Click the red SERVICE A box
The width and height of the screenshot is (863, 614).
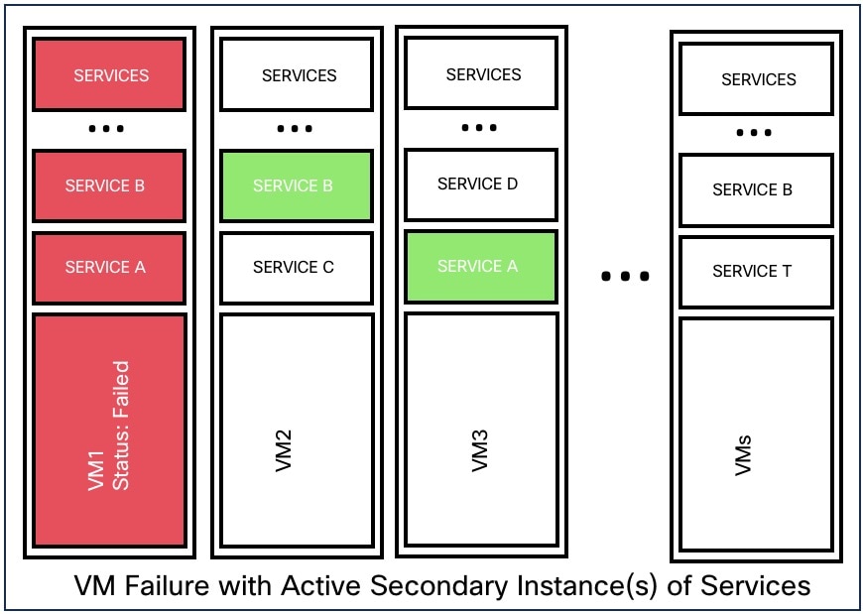109,268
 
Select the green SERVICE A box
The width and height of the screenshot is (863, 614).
481,266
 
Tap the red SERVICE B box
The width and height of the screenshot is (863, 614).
109,185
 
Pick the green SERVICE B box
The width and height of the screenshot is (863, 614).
297,185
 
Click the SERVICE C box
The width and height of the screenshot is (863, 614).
297,268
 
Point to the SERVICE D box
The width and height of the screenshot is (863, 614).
481,184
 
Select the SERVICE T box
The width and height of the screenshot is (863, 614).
756,272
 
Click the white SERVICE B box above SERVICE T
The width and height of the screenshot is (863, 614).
756,190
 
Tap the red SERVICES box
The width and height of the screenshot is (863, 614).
109,74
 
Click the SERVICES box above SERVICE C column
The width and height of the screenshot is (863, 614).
297,74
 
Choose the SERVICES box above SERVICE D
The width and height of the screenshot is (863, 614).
481,73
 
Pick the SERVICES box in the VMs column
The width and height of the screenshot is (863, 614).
756,78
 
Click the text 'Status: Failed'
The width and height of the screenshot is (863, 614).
121,426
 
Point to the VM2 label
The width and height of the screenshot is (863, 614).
283,451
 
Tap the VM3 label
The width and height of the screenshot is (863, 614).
480,451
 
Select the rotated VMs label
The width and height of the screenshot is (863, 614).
744,455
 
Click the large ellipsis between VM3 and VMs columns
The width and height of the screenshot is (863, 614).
625,276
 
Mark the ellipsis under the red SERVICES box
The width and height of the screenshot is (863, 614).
106,129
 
